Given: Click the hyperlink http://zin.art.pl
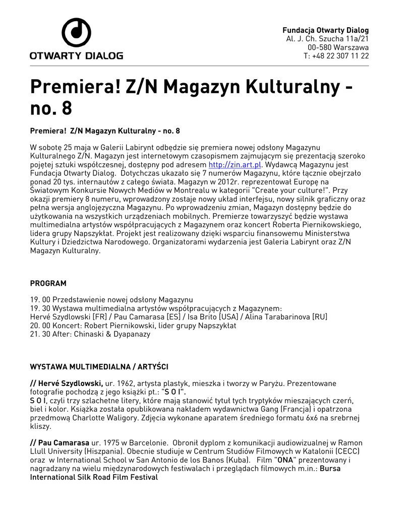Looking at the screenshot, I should point(235,165).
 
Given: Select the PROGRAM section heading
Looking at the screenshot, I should point(48,284).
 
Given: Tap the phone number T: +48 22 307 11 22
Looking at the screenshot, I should point(336,56).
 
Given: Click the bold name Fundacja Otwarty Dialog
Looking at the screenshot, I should point(325,30).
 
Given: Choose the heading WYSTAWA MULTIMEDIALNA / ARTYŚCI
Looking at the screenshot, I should point(99,366).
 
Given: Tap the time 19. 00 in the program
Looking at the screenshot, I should point(40,300).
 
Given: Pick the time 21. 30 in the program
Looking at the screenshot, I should point(40,334).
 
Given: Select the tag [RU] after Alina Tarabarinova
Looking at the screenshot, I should point(320,317).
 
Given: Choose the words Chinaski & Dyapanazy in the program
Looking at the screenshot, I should point(112,334).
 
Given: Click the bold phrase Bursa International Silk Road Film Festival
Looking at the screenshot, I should point(93,477).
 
